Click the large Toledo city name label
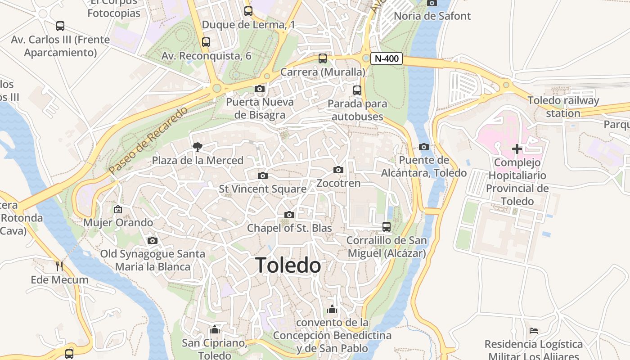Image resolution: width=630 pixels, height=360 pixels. click(288, 265)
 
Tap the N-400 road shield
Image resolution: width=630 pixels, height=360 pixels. click(387, 58)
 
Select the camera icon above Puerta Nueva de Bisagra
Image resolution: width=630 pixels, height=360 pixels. click(260, 89)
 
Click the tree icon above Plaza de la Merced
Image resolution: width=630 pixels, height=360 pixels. click(197, 147)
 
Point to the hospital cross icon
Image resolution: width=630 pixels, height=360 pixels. click(517, 148)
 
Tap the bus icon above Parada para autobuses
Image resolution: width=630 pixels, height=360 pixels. click(357, 90)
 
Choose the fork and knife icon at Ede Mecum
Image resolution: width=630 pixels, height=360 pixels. click(59, 266)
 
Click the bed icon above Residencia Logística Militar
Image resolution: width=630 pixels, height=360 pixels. click(534, 331)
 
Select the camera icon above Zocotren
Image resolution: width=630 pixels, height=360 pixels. click(338, 170)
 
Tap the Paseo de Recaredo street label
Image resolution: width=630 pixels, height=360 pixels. click(148, 141)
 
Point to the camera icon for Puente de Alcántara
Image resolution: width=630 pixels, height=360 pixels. click(423, 147)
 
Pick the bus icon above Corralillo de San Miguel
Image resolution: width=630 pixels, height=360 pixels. click(387, 227)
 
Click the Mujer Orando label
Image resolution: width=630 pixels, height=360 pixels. click(118, 222)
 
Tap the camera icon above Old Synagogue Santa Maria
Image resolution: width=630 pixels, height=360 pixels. click(153, 240)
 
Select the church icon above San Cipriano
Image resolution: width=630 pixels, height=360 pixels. click(215, 330)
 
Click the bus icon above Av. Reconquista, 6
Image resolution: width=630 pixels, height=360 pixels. click(206, 42)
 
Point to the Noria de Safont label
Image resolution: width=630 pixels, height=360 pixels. click(432, 16)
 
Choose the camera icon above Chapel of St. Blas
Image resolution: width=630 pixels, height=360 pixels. click(289, 215)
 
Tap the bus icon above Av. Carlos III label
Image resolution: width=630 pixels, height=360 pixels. click(60, 26)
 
